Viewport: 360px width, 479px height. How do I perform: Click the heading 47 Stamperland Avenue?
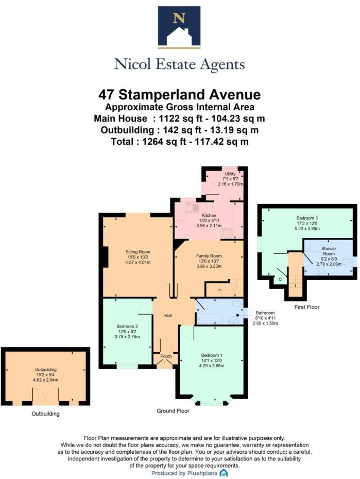point(179,95)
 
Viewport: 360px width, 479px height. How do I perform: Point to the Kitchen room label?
point(209,215)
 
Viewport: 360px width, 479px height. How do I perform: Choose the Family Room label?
point(209,256)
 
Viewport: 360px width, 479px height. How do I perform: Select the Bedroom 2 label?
point(127,326)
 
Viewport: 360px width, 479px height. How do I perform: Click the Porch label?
point(166,356)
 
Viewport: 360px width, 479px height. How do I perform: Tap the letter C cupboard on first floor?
point(280,279)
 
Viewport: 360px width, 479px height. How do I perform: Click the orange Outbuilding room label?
point(45,369)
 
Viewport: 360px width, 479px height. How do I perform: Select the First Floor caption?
point(306,307)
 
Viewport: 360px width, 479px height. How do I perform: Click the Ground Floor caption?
point(173,411)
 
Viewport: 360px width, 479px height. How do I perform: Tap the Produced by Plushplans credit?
point(179,473)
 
